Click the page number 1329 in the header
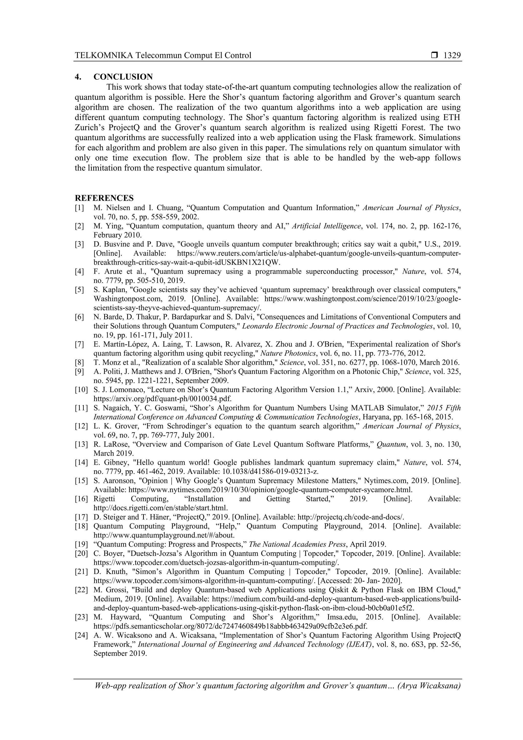pyautogui.click(x=452, y=55)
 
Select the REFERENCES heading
pyautogui.click(x=104, y=198)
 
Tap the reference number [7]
pyautogui.click(x=80, y=344)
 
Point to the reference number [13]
pyautogui.click(x=81, y=444)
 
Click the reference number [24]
pyautogui.click(x=81, y=635)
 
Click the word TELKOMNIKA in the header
pyautogui.click(x=104, y=55)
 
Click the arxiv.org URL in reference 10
pyautogui.click(x=162, y=399)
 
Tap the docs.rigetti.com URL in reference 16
pyautogui.click(x=160, y=508)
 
